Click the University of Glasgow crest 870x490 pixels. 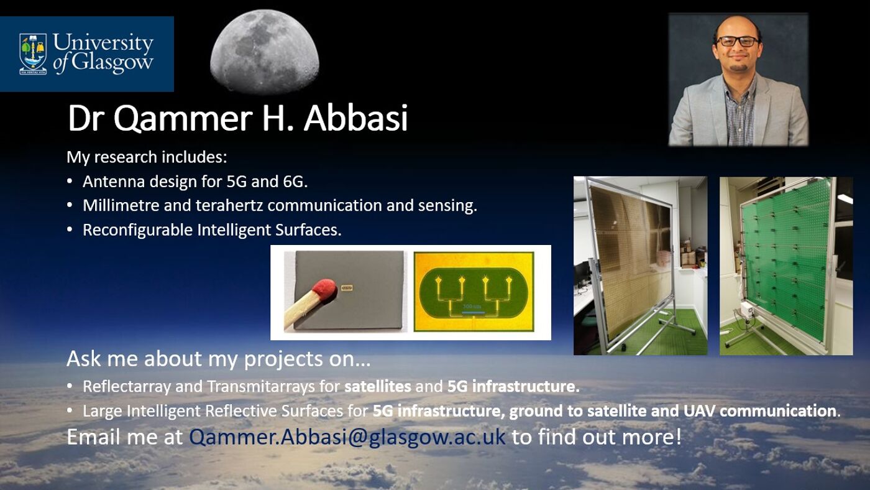tap(33, 53)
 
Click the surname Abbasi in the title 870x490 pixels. tap(355, 118)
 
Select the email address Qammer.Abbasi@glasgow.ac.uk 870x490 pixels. tap(347, 437)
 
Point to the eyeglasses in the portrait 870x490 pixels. tap(738, 41)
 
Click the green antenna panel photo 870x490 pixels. tap(786, 266)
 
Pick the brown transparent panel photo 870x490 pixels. tap(640, 266)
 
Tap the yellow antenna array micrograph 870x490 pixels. tap(474, 292)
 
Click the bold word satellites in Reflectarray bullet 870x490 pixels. tap(378, 386)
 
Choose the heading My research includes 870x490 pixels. tap(147, 157)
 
